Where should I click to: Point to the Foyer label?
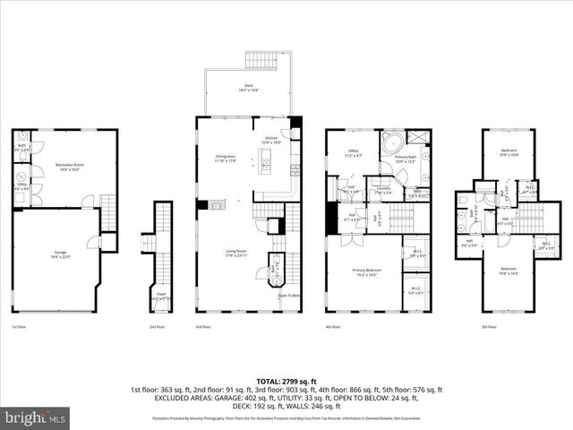(161, 294)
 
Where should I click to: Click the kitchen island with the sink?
(265, 166)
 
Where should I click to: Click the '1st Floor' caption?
(18, 327)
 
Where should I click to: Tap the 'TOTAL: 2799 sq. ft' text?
(286, 382)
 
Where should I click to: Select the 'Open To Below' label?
(288, 295)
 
